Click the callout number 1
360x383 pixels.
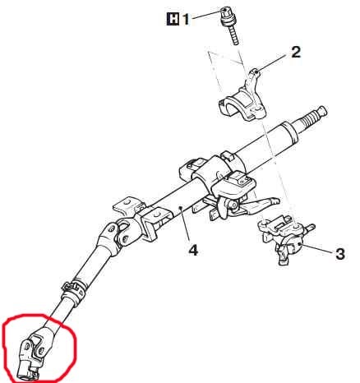[186, 20]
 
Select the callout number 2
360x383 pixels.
[296, 52]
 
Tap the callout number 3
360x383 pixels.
[339, 254]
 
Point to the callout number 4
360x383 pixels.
[193, 250]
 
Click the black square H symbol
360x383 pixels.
[173, 20]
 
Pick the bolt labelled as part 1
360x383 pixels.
[229, 25]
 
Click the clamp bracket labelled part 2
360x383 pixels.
[243, 96]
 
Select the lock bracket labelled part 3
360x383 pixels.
[285, 238]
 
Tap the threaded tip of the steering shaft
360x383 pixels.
[315, 117]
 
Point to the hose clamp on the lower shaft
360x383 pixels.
[74, 290]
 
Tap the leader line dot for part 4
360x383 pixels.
[181, 208]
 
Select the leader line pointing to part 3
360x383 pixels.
[317, 248]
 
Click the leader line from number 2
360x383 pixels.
[273, 62]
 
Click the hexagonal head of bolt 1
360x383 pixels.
[225, 11]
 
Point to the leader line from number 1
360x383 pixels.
[207, 14]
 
